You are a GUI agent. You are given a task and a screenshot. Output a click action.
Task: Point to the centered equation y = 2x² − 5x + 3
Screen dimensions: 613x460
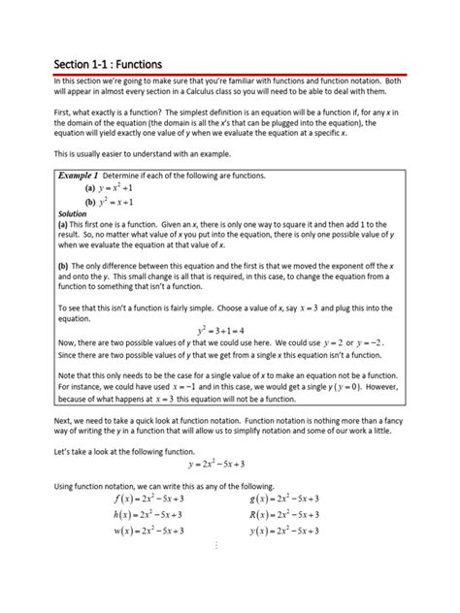coord(230,464)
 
